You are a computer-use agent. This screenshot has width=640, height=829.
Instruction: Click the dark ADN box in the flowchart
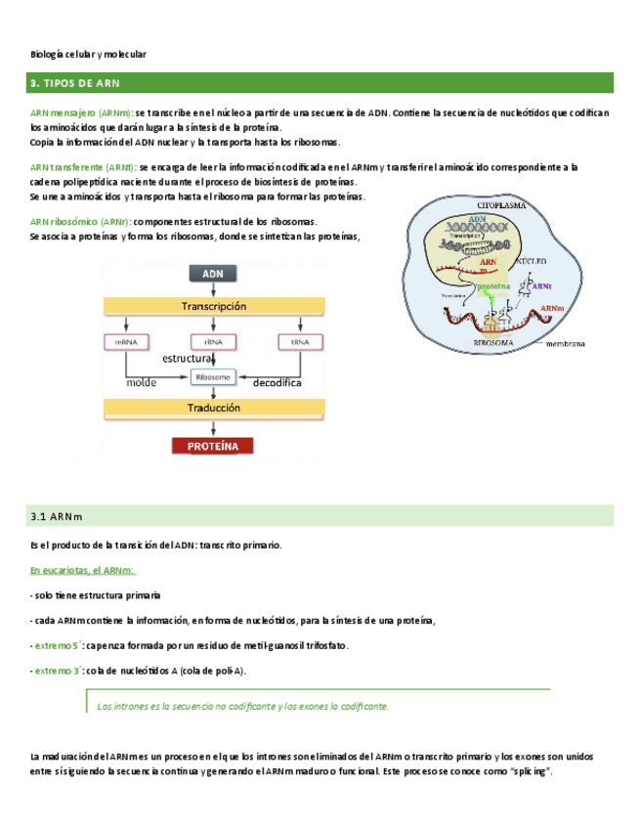tap(213, 275)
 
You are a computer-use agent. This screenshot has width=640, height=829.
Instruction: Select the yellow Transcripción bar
tap(213, 306)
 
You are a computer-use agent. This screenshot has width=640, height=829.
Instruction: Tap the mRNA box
tap(126, 341)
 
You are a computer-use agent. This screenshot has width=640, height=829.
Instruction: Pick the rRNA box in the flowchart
tap(213, 341)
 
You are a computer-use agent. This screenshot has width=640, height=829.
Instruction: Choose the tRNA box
tap(300, 341)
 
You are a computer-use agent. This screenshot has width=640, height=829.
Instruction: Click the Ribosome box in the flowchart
tap(213, 376)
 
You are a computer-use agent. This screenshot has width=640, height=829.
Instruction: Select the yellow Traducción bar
tap(213, 409)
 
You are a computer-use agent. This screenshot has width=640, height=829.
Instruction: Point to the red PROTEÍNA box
tap(213, 446)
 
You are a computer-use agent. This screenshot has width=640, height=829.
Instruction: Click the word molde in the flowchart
tap(142, 384)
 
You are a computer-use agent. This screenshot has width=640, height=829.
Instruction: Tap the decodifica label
tap(277, 384)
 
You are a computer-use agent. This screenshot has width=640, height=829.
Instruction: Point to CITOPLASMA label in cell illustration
tap(502, 207)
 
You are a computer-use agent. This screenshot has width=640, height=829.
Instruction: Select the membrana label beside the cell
tap(566, 345)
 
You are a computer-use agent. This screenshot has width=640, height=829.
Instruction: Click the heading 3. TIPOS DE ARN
tap(74, 84)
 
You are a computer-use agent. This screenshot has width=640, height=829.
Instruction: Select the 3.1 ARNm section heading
tap(57, 516)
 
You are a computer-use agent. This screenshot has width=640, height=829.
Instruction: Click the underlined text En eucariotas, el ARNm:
tap(82, 570)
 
